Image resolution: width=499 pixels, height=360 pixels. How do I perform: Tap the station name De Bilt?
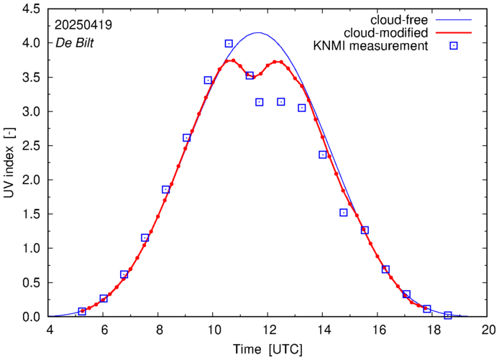pos(75,42)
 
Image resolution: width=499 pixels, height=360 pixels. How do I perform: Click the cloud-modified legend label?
pos(386,33)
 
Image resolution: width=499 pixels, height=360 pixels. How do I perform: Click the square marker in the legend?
pos(453,47)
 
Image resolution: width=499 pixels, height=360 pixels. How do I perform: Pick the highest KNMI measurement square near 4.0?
pos(229,44)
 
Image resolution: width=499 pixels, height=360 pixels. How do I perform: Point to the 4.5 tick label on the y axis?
pos(29,9)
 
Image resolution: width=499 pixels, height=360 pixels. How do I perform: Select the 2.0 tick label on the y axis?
pos(29,180)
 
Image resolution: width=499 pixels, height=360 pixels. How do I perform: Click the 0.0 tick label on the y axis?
pos(29,317)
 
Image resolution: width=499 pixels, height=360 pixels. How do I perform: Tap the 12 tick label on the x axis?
pos(268,331)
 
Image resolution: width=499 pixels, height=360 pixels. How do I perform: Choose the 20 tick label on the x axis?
pos(488,331)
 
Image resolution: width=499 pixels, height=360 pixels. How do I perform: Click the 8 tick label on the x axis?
pos(159,331)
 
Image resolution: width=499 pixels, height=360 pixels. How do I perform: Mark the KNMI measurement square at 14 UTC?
pos(323,154)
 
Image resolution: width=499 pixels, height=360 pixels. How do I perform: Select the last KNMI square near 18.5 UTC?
pos(448,315)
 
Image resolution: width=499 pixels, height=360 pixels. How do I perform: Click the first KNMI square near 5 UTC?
pos(82,311)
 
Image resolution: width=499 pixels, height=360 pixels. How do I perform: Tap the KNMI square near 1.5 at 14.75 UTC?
pos(344,213)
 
